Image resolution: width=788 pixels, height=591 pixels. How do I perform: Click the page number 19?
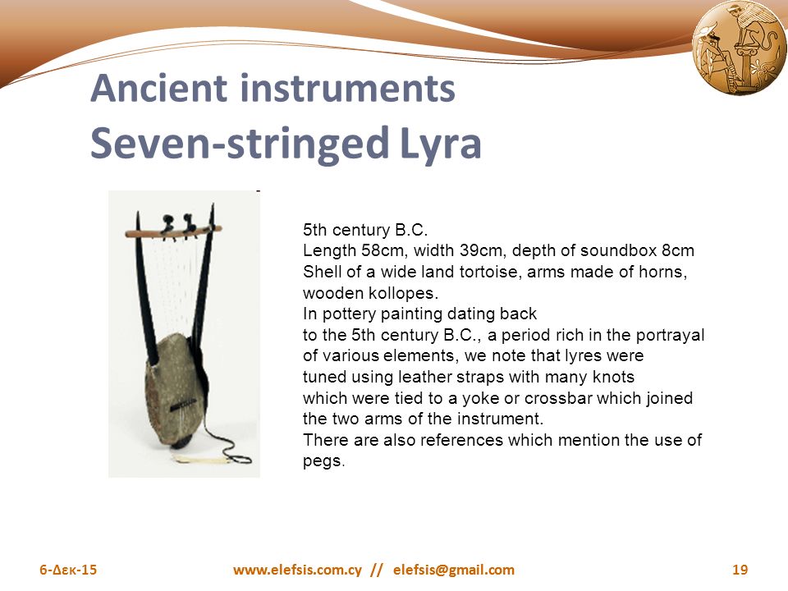pyautogui.click(x=739, y=570)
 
